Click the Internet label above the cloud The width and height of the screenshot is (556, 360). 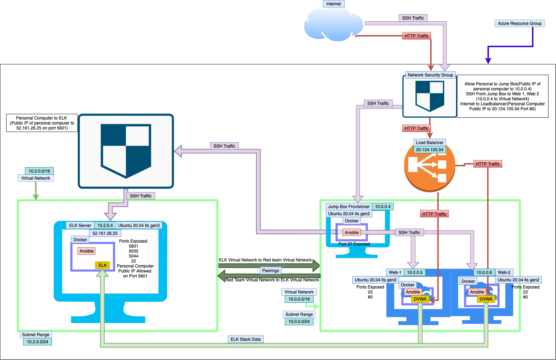click(334, 4)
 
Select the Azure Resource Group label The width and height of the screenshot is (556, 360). click(519, 23)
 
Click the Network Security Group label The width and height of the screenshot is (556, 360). click(430, 75)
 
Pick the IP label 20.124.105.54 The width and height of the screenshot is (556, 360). click(430, 150)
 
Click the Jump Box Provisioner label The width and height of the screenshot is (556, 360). click(348, 207)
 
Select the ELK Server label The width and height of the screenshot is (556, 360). click(80, 226)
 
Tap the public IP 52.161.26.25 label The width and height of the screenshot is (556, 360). click(105, 233)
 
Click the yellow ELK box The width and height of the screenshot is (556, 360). click(103, 265)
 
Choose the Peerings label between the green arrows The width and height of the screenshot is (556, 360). click(271, 271)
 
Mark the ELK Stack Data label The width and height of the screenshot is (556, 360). click(246, 339)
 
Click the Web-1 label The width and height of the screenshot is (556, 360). click(395, 272)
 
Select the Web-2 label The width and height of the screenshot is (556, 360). click(504, 272)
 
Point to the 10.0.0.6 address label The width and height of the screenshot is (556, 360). click(484, 272)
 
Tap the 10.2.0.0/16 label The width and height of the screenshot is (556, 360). click(39, 171)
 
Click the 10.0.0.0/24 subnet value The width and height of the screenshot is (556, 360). click(299, 322)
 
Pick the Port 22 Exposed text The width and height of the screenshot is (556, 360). click(354, 244)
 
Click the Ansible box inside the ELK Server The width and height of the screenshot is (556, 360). click(86, 251)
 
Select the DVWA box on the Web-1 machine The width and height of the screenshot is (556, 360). click(420, 299)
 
